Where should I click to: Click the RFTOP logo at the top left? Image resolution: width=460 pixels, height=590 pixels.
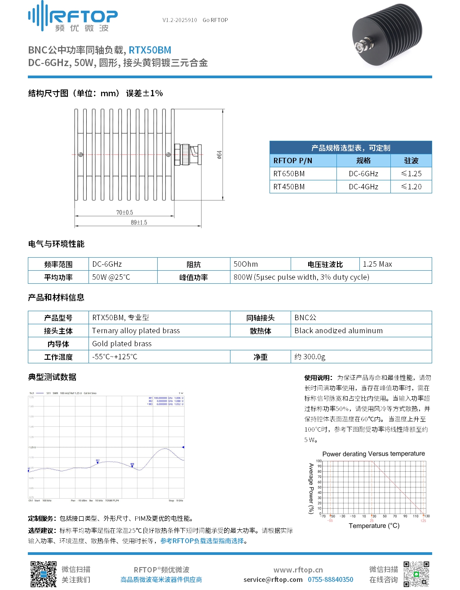73,17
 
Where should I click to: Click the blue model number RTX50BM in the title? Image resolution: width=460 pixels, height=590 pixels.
150,50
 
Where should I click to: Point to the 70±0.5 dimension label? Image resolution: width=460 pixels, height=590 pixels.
124,212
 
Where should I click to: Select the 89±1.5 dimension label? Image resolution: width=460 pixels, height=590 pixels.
139,222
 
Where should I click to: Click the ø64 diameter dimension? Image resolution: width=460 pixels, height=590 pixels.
219,155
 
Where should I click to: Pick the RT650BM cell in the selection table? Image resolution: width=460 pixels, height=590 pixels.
289,174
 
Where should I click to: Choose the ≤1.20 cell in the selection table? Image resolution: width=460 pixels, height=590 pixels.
411,187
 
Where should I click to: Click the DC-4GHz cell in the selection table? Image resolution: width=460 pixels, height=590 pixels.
363,187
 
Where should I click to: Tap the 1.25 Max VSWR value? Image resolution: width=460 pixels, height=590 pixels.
377,264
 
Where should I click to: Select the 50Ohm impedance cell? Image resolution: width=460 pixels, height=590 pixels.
246,264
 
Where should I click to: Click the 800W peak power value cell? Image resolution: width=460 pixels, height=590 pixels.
301,277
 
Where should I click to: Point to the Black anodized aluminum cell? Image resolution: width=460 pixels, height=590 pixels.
339,331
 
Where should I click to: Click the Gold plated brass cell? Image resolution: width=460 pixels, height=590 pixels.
122,344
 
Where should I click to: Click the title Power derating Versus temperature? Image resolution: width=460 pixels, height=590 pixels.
373,454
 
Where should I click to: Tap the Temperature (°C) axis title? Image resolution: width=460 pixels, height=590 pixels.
374,526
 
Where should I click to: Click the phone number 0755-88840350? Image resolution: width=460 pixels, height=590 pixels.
330,580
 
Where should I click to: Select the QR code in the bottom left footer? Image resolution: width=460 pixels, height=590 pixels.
44,574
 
